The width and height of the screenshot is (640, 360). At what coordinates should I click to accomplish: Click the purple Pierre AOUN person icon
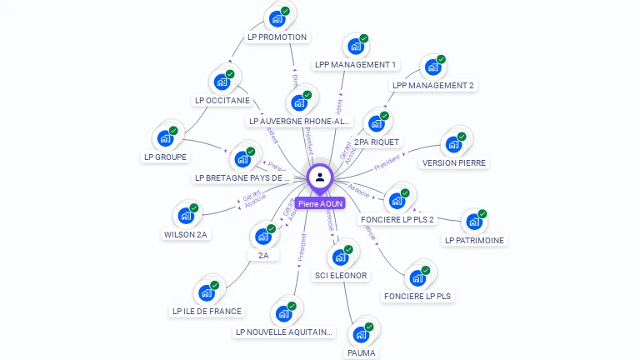pos(320,177)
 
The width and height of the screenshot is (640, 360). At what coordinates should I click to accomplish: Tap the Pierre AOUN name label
pos(320,203)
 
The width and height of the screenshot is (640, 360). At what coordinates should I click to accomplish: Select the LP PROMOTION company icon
pos(277,18)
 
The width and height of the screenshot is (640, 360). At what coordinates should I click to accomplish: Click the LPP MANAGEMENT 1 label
pos(356,64)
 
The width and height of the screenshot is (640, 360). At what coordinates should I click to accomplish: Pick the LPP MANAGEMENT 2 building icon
pos(432,67)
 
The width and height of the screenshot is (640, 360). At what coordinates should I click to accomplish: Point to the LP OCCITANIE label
pos(222,100)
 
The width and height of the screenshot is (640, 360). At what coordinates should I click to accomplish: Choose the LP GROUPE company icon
pos(165,138)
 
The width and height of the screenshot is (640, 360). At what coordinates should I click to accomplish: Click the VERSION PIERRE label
pos(454,162)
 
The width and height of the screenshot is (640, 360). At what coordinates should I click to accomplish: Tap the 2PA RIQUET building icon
pos(376,124)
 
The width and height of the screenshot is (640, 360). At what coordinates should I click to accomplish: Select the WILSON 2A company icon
pos(186,216)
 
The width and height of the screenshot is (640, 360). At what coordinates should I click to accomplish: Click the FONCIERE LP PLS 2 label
pos(397,219)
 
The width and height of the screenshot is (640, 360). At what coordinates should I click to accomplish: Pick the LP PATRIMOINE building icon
pos(473,222)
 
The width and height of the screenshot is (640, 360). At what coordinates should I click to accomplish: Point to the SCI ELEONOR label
pos(341,275)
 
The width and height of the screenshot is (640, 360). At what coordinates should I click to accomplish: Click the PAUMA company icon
pos(361,334)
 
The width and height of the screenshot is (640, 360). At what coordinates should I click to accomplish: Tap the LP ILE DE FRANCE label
pos(207,311)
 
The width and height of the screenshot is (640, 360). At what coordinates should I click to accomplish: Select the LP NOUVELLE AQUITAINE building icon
pos(283,313)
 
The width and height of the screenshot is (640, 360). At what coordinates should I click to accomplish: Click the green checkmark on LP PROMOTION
pos(286,11)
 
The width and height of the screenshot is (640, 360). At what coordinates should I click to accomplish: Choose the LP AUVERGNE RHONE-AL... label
pos(300,121)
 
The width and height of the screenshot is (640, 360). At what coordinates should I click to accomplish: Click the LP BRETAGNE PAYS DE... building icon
pos(242,159)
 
